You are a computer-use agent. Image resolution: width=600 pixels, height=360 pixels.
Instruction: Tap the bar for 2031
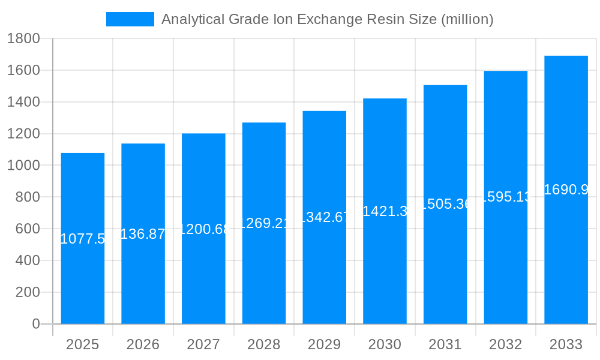pos(445,264)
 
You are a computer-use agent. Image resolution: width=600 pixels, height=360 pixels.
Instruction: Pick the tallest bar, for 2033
pos(566,258)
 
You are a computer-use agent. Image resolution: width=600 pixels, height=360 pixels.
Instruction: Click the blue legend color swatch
pos(130,19)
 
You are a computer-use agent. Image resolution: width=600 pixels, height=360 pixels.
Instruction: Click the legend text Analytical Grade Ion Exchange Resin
pos(327,19)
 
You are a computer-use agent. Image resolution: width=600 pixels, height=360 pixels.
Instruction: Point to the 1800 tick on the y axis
pos(23,39)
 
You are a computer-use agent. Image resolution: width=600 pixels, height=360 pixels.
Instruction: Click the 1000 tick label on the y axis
pos(23,166)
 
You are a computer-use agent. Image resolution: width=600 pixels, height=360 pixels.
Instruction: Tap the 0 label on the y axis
pos(35,324)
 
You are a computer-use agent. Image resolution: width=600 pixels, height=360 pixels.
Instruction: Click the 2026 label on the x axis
pos(143,344)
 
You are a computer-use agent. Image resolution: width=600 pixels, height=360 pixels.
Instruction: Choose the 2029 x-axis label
pos(324,344)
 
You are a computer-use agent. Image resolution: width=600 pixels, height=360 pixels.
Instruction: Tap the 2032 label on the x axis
pos(505,344)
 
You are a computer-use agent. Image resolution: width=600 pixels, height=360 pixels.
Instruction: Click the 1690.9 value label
pos(566,190)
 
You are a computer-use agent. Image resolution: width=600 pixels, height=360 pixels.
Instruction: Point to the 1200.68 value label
pos(203,229)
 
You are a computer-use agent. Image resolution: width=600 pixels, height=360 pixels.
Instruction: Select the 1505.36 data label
pos(445,204)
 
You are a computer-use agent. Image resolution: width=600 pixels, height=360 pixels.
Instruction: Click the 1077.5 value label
pos(83,239)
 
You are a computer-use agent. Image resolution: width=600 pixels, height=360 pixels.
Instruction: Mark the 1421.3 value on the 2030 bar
pos(385,211)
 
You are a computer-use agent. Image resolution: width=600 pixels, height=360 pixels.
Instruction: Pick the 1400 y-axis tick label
pos(23,102)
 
